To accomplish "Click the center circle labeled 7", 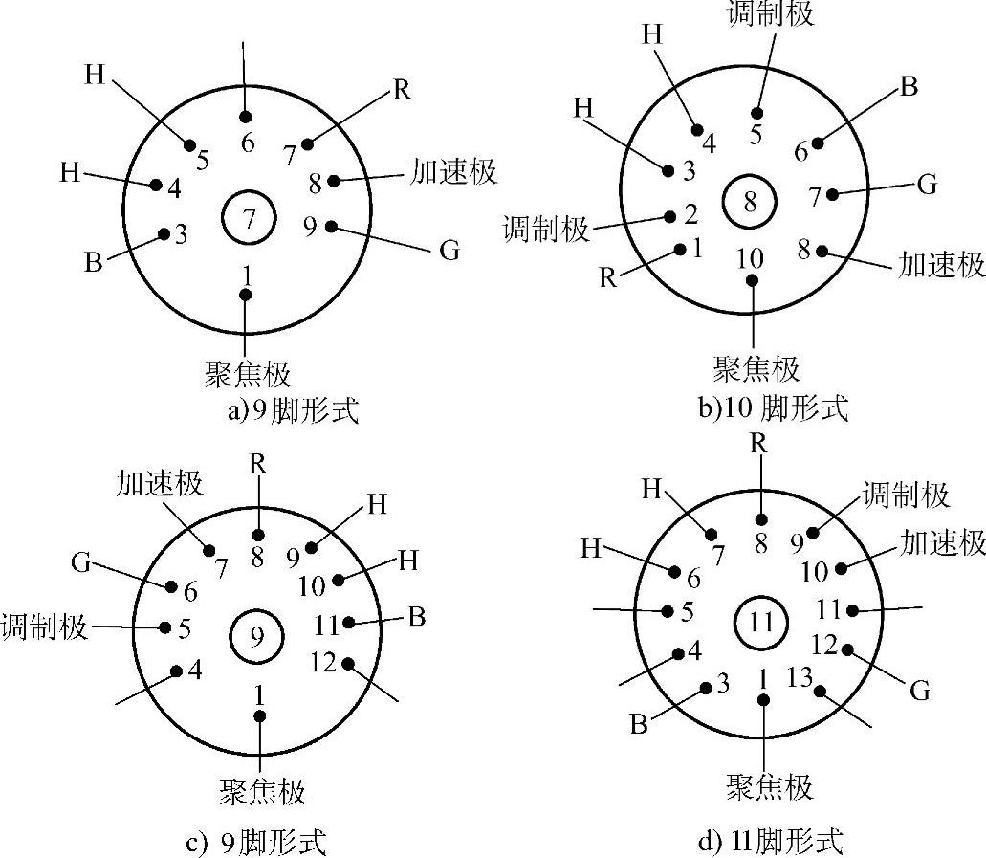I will coord(248,218).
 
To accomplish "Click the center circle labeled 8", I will coord(750,200).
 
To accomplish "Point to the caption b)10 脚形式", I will coord(773,408).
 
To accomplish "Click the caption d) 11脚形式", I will coord(771,843).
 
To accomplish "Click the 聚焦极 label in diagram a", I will coord(247,372).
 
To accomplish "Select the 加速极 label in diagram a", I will coord(453,172).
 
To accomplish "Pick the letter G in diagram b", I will coord(927,184).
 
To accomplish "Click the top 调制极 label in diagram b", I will coord(771,13).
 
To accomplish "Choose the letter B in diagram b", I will coord(909,86).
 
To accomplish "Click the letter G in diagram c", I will coord(80,562).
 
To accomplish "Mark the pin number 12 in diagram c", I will coord(324,660).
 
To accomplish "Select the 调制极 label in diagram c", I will coord(45,628).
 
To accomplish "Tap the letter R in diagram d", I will coord(759,443).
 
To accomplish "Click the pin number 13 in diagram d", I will coord(800,679).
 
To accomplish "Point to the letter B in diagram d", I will coord(639,723).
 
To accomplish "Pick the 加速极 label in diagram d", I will coord(943,543).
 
